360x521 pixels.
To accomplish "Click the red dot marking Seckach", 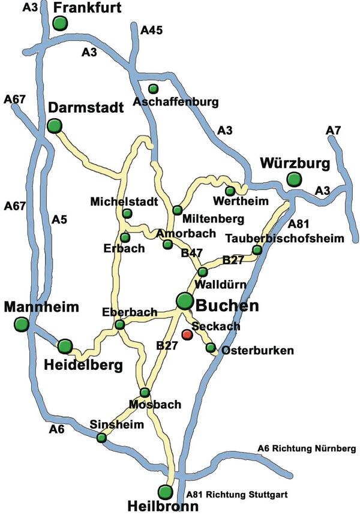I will pyautogui.click(x=187, y=334).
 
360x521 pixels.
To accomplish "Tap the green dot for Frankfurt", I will pyautogui.click(x=59, y=23).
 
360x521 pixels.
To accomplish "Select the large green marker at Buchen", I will pyautogui.click(x=185, y=300).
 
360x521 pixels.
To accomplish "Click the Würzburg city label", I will pyautogui.click(x=296, y=163).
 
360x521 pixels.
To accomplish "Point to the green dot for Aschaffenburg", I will pyautogui.click(x=154, y=89).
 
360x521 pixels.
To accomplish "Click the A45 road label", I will pyautogui.click(x=151, y=30).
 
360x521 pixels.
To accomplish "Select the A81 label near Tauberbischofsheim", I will pyautogui.click(x=299, y=224).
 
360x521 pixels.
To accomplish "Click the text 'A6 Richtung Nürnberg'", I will pyautogui.click(x=307, y=448).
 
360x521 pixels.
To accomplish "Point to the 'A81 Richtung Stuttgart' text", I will pyautogui.click(x=238, y=495).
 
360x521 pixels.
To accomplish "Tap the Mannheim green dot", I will pyautogui.click(x=22, y=324).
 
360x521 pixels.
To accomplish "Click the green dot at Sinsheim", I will pyautogui.click(x=101, y=438).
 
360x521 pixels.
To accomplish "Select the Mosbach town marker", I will pyautogui.click(x=145, y=392).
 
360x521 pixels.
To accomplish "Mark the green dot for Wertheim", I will pyautogui.click(x=230, y=191).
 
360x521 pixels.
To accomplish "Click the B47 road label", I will pyautogui.click(x=191, y=253).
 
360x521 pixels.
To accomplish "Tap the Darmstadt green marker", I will pyautogui.click(x=55, y=125).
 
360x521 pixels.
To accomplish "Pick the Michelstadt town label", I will pyautogui.click(x=124, y=200).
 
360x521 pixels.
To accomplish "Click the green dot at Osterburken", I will pyautogui.click(x=211, y=347).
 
